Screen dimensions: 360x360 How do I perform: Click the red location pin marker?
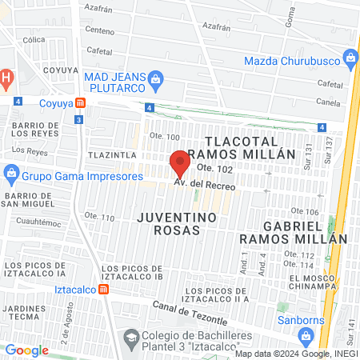[180, 164]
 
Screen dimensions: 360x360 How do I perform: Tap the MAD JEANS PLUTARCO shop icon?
[156, 78]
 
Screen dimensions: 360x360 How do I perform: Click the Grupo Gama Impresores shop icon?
[11, 172]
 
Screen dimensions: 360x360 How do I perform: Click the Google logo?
[26, 350]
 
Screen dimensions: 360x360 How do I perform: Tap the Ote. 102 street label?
[214, 168]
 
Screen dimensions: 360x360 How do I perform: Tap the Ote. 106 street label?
[306, 211]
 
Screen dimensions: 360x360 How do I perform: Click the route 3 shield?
[78, 119]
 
